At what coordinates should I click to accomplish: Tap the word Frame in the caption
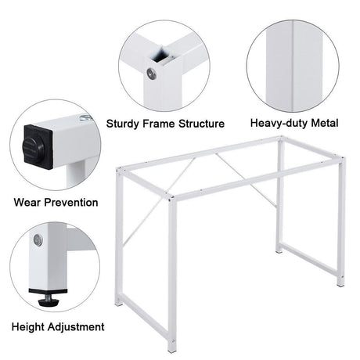(163, 124)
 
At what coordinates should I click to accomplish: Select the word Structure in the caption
(202, 124)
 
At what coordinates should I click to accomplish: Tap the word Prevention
(71, 203)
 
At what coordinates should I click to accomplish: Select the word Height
(31, 326)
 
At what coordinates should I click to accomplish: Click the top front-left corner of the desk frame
(119, 171)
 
